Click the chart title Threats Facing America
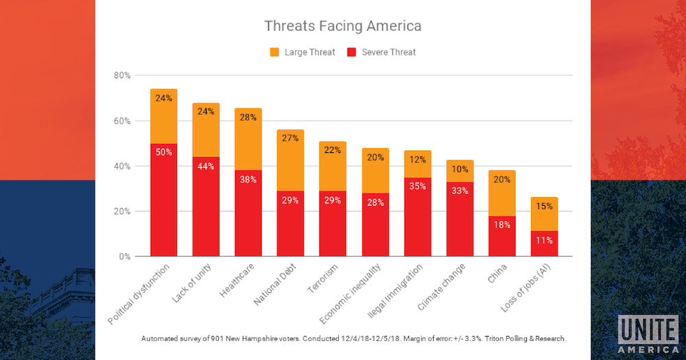pos(342,27)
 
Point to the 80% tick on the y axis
pos(122,75)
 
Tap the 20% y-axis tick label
pos(122,211)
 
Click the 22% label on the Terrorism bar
pos(333,150)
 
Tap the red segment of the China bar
pos(502,237)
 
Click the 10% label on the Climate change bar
pos(460,169)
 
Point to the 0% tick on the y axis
pos(124,256)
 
